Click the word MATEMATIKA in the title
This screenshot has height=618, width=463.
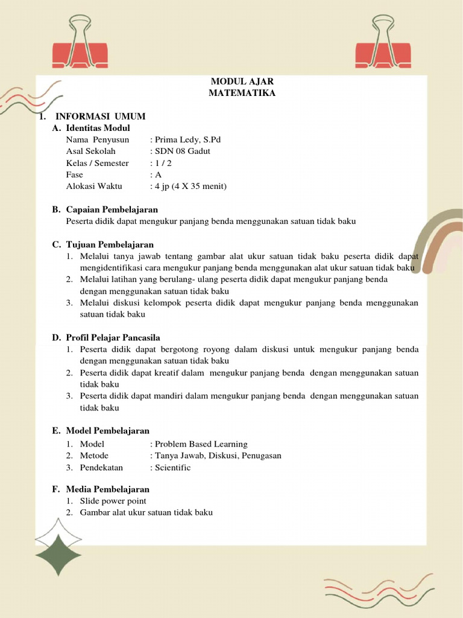point(242,93)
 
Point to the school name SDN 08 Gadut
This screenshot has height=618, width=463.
point(183,151)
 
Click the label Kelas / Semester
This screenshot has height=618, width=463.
point(98,163)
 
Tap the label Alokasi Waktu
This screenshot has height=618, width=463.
point(94,186)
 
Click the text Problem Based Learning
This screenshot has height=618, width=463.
point(201,444)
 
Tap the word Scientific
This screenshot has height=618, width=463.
point(172,468)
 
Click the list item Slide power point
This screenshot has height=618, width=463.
point(113,501)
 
